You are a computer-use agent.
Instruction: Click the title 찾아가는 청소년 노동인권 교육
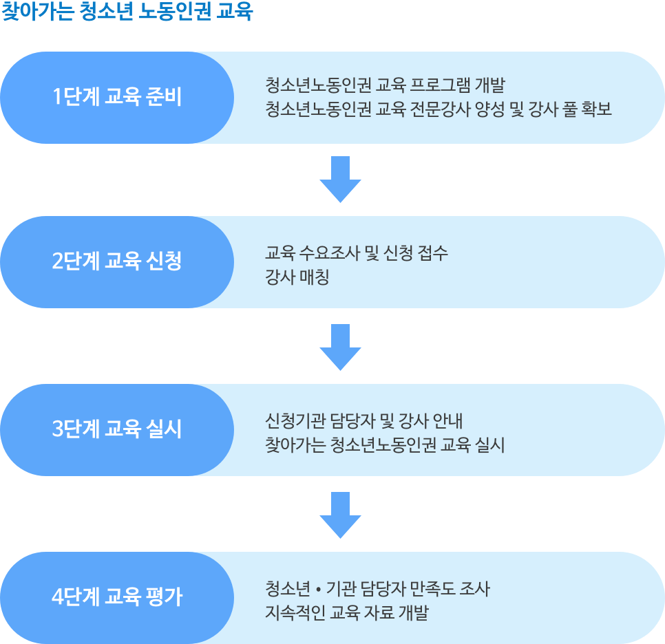point(128,12)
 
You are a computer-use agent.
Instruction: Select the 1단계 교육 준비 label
point(117,97)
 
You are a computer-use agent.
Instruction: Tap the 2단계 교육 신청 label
point(117,261)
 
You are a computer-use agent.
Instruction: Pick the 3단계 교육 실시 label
point(117,429)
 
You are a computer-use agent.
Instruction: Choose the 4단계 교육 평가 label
point(117,596)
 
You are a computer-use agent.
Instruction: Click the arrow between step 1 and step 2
point(340,179)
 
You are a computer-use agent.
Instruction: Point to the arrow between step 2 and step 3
point(340,347)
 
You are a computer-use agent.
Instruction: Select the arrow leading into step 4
point(340,515)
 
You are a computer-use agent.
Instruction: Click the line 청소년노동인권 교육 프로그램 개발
point(385,86)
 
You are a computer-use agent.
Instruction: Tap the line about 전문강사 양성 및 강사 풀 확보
point(439,109)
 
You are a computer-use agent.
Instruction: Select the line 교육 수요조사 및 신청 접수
point(357,253)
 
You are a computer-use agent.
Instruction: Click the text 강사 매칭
point(297,278)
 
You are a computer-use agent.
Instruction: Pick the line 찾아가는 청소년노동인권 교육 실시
point(385,445)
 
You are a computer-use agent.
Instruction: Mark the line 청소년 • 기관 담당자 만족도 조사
point(377,589)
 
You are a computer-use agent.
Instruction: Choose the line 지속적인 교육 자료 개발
point(346,613)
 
